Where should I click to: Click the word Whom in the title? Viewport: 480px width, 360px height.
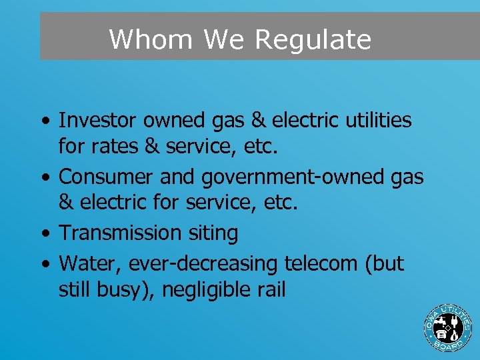(x=151, y=39)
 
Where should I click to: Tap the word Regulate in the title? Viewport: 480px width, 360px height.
(x=313, y=40)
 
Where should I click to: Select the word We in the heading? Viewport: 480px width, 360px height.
(x=225, y=39)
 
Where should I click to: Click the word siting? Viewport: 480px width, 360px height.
(x=213, y=233)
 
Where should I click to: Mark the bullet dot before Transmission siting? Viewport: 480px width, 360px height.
(x=44, y=234)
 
